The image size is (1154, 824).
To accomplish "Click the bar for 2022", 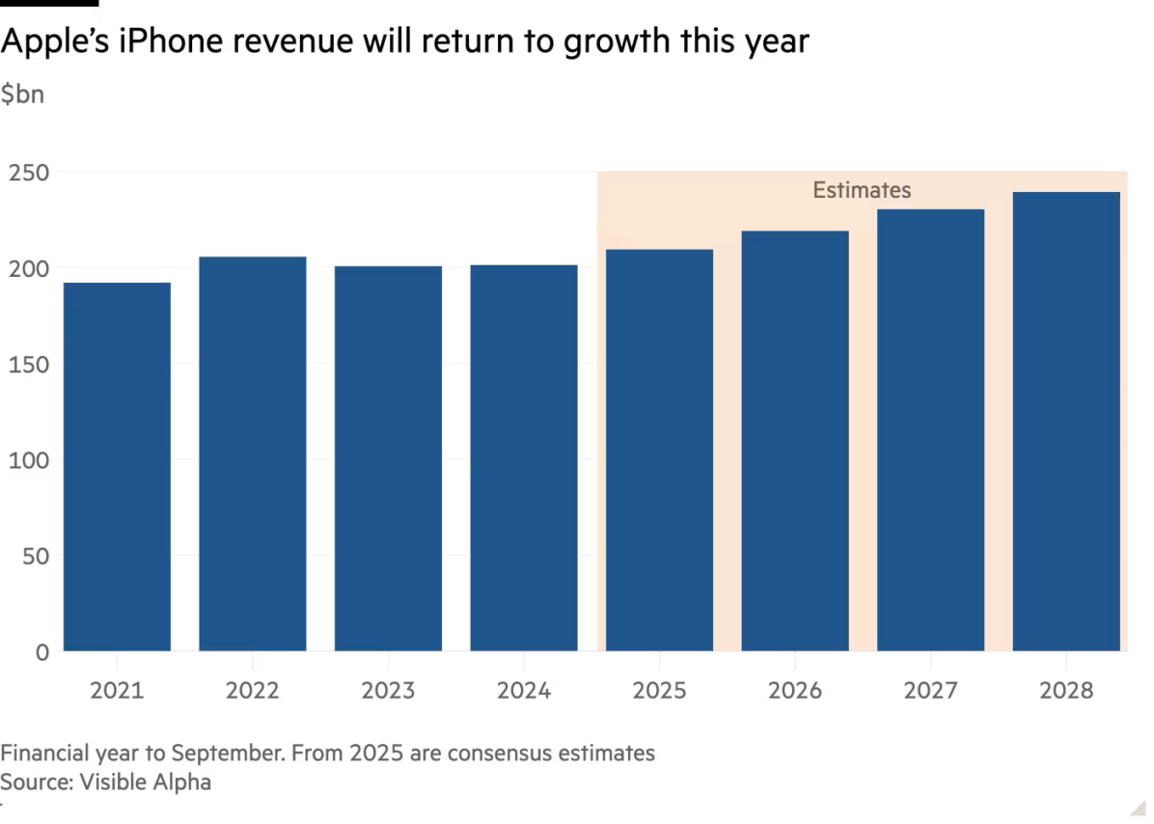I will pos(252,453).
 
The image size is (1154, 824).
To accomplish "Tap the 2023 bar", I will pos(388,457).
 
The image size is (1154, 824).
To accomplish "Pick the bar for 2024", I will pos(523,457).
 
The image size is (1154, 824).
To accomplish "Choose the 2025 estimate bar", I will pos(659,450).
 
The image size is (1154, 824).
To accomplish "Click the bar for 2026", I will pos(795,441).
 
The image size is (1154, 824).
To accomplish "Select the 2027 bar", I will pos(930,430).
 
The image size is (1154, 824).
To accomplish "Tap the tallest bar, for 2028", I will pos(1066,422).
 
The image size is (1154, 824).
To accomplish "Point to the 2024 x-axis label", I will pos(523,691).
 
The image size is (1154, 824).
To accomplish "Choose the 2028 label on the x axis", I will pos(1066,691).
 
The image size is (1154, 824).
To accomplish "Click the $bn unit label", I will pos(21,95).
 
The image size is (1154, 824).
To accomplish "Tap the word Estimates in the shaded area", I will pos(862,190).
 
